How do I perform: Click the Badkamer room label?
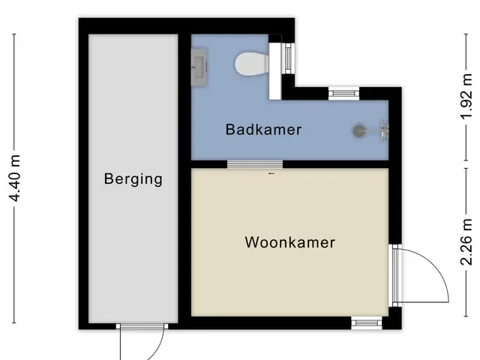[x=263, y=130]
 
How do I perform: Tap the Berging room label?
[x=133, y=179]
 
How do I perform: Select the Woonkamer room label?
[x=290, y=242]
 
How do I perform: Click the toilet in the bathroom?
[x=252, y=64]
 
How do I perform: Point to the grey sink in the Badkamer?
[x=199, y=67]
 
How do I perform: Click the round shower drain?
[x=358, y=131]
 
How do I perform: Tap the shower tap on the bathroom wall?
[x=385, y=131]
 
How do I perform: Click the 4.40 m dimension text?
[x=15, y=178]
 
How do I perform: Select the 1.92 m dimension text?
[x=467, y=97]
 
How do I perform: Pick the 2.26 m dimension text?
[x=467, y=241]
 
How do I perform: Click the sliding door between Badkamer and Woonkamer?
[x=255, y=164]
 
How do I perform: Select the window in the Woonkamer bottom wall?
[x=367, y=323]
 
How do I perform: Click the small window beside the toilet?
[x=288, y=58]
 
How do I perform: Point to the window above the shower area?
[x=343, y=94]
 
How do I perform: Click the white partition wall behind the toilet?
[x=275, y=71]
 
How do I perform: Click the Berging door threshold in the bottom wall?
[x=142, y=326]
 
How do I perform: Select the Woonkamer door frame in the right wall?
[x=395, y=275]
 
